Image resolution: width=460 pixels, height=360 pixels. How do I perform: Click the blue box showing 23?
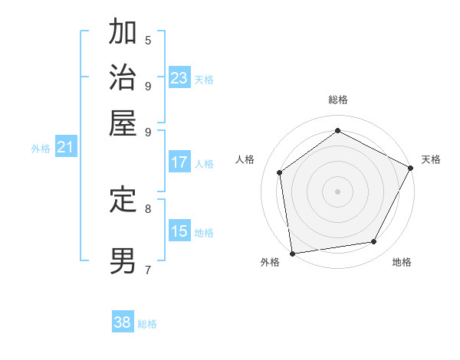(x=179, y=78)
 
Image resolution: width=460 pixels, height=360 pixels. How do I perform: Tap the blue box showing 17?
(x=179, y=162)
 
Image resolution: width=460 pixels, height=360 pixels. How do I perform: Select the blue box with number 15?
(x=179, y=231)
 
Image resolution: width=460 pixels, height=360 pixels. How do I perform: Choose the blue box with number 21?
(x=64, y=147)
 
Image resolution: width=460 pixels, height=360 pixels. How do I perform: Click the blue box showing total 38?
(x=123, y=322)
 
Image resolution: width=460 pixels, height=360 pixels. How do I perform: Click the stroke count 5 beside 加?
(x=147, y=40)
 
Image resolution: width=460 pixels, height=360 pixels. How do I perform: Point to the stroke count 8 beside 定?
(x=147, y=208)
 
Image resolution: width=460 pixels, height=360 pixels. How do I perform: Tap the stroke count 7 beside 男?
(x=147, y=269)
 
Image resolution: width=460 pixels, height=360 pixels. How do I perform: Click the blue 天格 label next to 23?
(x=204, y=79)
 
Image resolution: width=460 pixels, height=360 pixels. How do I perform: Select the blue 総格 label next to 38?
(x=147, y=324)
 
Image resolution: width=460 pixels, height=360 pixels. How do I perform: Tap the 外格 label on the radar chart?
(x=270, y=262)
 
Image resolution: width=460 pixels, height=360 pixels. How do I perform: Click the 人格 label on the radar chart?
(x=245, y=159)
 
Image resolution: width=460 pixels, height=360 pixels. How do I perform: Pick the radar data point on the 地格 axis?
(x=374, y=241)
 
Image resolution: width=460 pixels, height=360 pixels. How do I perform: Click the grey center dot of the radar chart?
(x=337, y=191)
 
